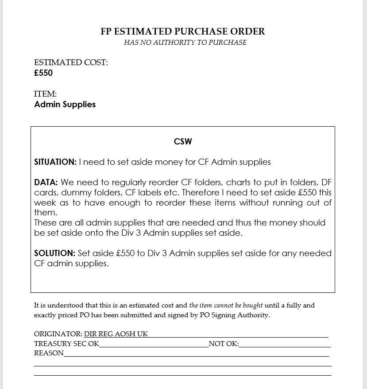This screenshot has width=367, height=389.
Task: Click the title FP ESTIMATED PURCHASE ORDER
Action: tap(183, 31)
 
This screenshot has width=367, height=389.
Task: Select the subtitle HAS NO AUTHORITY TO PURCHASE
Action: tap(185, 43)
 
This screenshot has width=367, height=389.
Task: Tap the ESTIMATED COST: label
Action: tap(71, 62)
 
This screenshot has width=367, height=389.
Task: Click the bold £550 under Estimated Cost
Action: tap(43, 73)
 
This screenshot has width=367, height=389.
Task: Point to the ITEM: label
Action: tap(45, 94)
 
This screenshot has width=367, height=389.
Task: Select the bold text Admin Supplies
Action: tap(65, 105)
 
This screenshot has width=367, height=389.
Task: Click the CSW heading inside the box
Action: tap(183, 142)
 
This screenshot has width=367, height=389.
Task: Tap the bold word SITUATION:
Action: tap(55, 162)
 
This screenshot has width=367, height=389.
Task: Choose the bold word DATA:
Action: tap(46, 183)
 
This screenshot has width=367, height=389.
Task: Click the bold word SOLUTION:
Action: tap(55, 253)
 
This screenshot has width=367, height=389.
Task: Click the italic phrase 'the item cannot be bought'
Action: tap(226, 305)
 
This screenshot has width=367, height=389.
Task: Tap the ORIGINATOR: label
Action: tap(58, 334)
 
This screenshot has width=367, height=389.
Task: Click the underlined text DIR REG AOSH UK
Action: tap(116, 334)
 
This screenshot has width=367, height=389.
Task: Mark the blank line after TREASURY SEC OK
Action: tap(154, 344)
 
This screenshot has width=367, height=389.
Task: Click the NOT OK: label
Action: tap(224, 344)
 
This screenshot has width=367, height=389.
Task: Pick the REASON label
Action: tap(49, 353)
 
